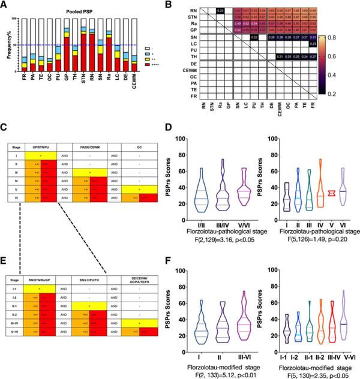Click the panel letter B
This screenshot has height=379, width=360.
pyautogui.click(x=194, y=5)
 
